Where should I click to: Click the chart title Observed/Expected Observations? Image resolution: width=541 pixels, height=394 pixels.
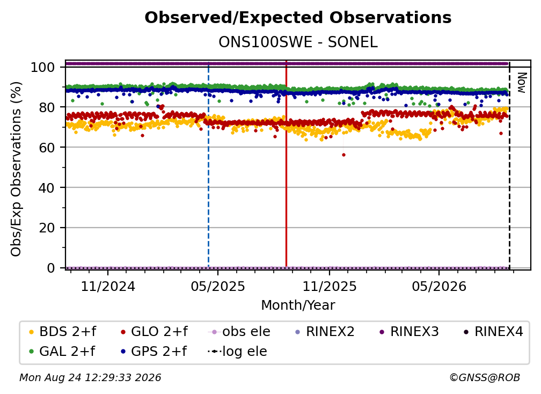point(298,18)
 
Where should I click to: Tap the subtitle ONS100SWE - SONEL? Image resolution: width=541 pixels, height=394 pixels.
point(298,42)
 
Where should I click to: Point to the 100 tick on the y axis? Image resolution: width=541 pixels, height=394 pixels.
point(42,67)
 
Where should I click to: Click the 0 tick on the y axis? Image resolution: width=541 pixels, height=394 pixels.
point(50,268)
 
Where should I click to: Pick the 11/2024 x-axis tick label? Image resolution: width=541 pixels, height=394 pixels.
point(108,286)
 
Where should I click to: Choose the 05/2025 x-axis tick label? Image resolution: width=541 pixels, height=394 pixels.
point(218,286)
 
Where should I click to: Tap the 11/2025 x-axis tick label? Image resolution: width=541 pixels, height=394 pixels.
point(330,286)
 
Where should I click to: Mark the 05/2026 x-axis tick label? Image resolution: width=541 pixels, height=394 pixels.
point(439,286)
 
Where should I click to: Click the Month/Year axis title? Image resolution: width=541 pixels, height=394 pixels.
point(298,305)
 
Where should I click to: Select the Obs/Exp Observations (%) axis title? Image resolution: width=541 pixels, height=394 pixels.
point(16,169)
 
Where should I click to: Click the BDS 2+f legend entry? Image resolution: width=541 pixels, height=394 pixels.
point(62,332)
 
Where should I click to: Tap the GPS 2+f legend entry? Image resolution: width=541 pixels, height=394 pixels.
point(153,351)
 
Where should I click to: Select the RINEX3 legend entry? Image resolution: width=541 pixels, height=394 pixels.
point(409,332)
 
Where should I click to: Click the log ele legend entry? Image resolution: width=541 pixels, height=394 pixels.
point(237,351)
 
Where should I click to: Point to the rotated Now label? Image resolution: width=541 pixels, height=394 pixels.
point(521,83)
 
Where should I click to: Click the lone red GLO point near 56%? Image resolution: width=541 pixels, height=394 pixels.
point(343,155)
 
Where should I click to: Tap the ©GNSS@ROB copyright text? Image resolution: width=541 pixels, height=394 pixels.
point(485,377)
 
